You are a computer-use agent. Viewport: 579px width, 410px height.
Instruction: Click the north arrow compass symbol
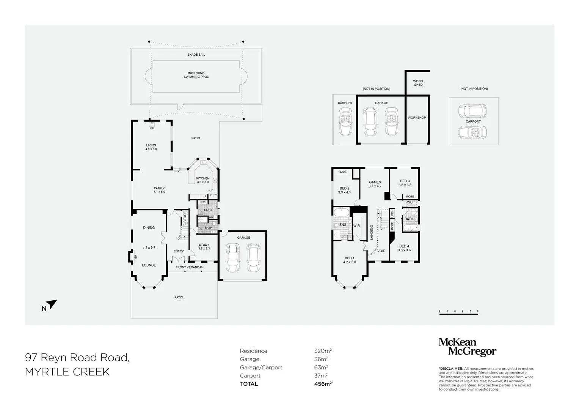click(x=52, y=304)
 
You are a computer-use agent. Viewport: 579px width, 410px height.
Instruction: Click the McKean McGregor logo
click(x=467, y=347)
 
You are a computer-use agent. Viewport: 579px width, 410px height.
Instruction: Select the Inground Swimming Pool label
click(x=196, y=75)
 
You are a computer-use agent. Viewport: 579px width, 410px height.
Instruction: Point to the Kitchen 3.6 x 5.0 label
click(x=202, y=180)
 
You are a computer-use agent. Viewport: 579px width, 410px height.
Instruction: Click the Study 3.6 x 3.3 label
click(x=204, y=246)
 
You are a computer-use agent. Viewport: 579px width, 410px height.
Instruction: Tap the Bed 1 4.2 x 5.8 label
click(x=349, y=260)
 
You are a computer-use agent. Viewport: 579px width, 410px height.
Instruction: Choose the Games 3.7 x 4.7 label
click(x=375, y=184)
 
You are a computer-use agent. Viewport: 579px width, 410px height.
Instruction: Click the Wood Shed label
click(x=418, y=83)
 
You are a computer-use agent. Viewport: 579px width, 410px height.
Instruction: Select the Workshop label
click(x=416, y=118)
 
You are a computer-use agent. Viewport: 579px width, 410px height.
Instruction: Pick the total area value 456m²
click(x=321, y=384)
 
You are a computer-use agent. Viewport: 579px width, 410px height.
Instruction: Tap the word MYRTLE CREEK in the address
click(x=67, y=372)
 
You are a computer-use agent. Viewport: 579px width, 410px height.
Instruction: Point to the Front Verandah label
click(x=189, y=267)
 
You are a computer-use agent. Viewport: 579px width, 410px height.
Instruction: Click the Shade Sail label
click(x=196, y=55)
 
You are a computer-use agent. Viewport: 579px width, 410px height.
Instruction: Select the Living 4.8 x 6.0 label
click(x=151, y=147)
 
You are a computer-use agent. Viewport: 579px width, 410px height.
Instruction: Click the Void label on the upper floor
click(x=381, y=251)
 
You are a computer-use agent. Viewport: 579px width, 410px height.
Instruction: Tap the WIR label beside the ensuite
click(x=356, y=226)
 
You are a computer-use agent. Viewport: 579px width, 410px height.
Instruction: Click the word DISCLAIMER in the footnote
click(x=451, y=369)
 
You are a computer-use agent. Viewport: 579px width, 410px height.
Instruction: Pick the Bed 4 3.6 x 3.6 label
click(x=404, y=248)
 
